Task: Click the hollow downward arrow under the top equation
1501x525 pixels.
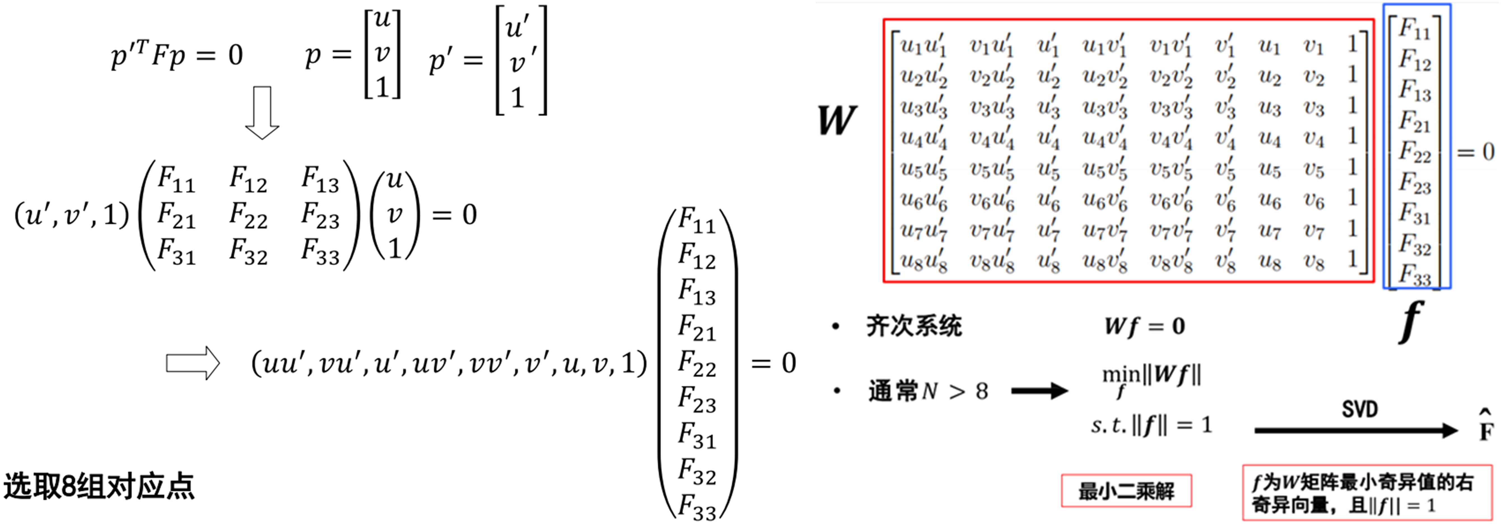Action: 262,113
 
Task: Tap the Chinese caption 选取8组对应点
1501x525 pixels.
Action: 99,486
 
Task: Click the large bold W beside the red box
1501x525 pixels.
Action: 837,121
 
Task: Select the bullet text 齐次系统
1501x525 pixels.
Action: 914,326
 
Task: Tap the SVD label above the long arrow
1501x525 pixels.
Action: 1359,410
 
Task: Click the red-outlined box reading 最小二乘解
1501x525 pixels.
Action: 1126,491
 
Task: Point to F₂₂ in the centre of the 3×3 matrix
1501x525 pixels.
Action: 248,215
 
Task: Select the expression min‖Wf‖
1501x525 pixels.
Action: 1151,379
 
